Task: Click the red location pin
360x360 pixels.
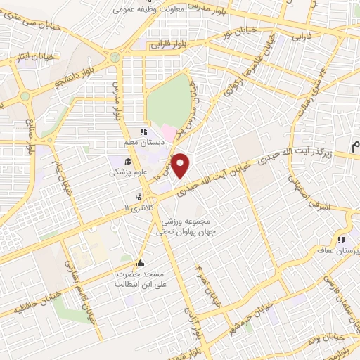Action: (181, 166)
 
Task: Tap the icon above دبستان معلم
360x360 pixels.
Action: (143, 131)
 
